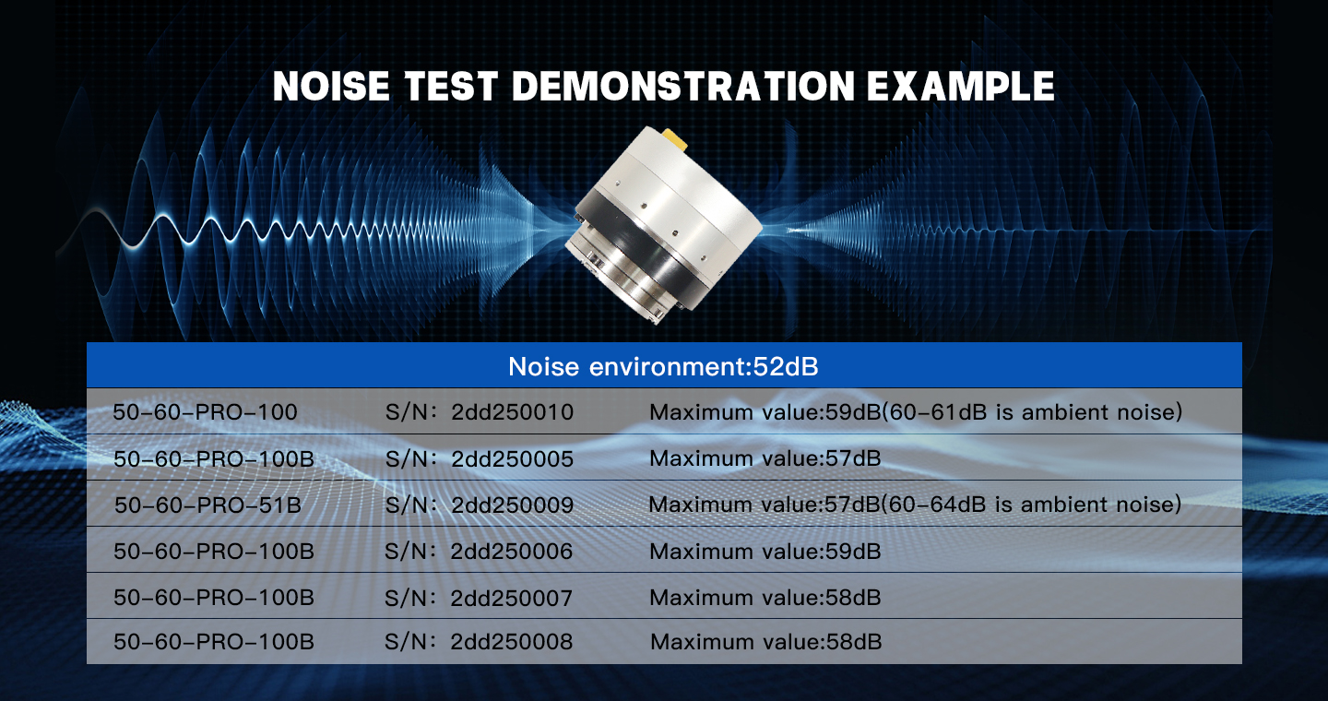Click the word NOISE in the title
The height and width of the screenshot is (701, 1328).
pyautogui.click(x=331, y=87)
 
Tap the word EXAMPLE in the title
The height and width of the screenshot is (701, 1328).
pyautogui.click(x=960, y=87)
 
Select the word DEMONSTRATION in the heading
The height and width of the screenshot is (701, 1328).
pyautogui.click(x=683, y=87)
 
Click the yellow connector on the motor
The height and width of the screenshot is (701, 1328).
pyautogui.click(x=673, y=140)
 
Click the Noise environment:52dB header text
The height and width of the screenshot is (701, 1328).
pyautogui.click(x=663, y=366)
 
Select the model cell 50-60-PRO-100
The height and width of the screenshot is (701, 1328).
pyautogui.click(x=205, y=412)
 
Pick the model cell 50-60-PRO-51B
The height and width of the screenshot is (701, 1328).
pyautogui.click(x=208, y=505)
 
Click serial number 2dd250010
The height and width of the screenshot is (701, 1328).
pyautogui.click(x=512, y=412)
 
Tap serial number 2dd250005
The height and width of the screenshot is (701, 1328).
pyautogui.click(x=512, y=458)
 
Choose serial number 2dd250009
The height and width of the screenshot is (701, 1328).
pyautogui.click(x=512, y=505)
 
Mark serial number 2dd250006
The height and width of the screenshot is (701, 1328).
pyautogui.click(x=512, y=551)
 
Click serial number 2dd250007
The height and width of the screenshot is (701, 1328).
pyautogui.click(x=512, y=597)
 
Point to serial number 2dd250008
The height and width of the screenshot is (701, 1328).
pyautogui.click(x=512, y=642)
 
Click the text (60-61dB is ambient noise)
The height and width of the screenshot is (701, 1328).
pyautogui.click(x=1032, y=412)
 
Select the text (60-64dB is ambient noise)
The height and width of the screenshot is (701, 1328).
pyautogui.click(x=1032, y=505)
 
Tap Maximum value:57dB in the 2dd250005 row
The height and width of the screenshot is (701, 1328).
pyautogui.click(x=765, y=458)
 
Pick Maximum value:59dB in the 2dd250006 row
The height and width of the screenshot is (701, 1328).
pyautogui.click(x=765, y=551)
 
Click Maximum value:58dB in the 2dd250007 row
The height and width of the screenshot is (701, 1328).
pyautogui.click(x=765, y=597)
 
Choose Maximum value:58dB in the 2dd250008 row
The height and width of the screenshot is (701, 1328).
pyautogui.click(x=766, y=642)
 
